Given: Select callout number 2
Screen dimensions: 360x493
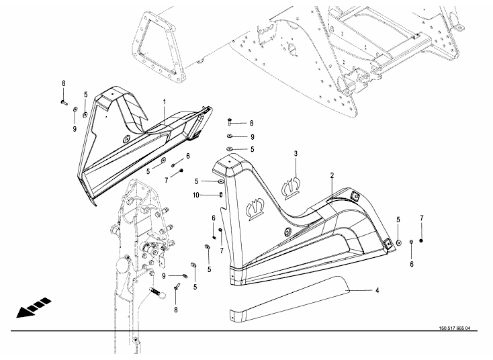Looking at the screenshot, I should coord(332,175).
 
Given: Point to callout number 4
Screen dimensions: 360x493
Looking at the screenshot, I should coord(377,290).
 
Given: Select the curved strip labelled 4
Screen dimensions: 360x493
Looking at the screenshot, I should coord(289,296).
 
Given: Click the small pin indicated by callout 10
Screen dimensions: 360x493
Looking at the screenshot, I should coord(221,195).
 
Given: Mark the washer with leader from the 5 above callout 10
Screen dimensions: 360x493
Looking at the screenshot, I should coord(220,181).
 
